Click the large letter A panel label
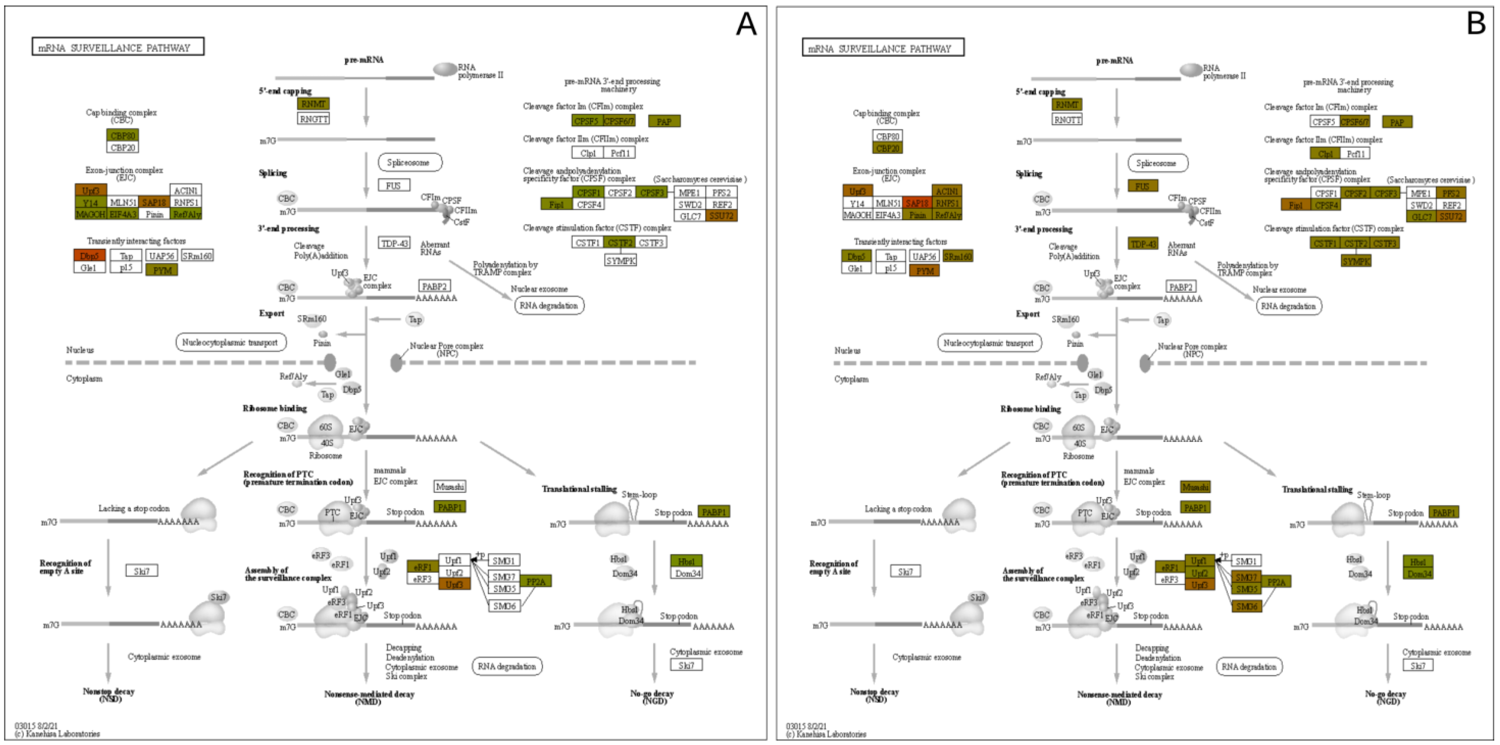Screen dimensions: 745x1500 click(746, 24)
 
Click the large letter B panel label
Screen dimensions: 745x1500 click(1476, 24)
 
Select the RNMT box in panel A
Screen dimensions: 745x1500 click(313, 104)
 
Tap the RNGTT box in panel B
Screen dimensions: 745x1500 click(1067, 119)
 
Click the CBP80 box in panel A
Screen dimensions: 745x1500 click(123, 136)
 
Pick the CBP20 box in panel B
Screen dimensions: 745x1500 click(888, 148)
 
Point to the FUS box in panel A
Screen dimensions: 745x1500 click(394, 185)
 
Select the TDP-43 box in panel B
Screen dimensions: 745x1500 click(1143, 244)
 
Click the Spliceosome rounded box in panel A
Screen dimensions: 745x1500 click(410, 163)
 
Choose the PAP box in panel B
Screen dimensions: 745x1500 click(1397, 122)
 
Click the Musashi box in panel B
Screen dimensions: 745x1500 click(1195, 487)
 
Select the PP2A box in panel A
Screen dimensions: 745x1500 click(536, 581)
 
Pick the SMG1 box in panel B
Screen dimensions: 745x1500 click(1246, 561)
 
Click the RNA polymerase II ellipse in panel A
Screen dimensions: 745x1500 click(445, 70)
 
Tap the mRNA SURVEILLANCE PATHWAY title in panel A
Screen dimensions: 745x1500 click(118, 47)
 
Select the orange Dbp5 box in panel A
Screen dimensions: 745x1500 click(90, 256)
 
